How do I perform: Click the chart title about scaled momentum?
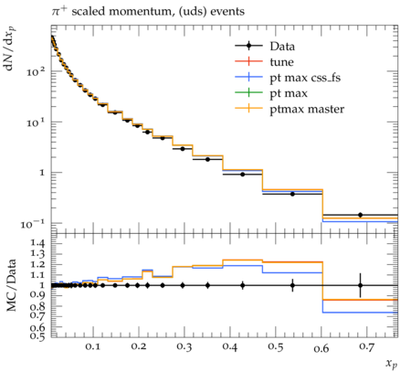(x=148, y=12)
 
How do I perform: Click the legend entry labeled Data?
(x=282, y=47)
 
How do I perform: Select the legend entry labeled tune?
(x=281, y=62)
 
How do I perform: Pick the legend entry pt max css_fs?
(x=305, y=78)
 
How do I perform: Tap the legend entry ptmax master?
(x=307, y=109)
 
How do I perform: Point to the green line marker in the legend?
(x=248, y=93)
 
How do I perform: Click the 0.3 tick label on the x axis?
(x=184, y=347)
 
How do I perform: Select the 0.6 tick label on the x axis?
(x=321, y=348)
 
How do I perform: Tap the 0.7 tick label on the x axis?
(x=366, y=346)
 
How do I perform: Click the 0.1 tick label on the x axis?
(x=92, y=346)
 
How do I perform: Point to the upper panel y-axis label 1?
(x=42, y=173)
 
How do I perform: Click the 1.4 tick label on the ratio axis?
(x=38, y=243)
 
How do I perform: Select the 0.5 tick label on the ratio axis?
(x=38, y=336)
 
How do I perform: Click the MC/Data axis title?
(x=11, y=285)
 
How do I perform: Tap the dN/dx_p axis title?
(x=10, y=48)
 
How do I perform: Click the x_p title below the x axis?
(x=392, y=364)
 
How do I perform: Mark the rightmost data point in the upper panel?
(x=360, y=215)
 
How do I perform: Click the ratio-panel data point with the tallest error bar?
(x=361, y=285)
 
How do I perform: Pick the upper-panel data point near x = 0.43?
(x=243, y=175)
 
